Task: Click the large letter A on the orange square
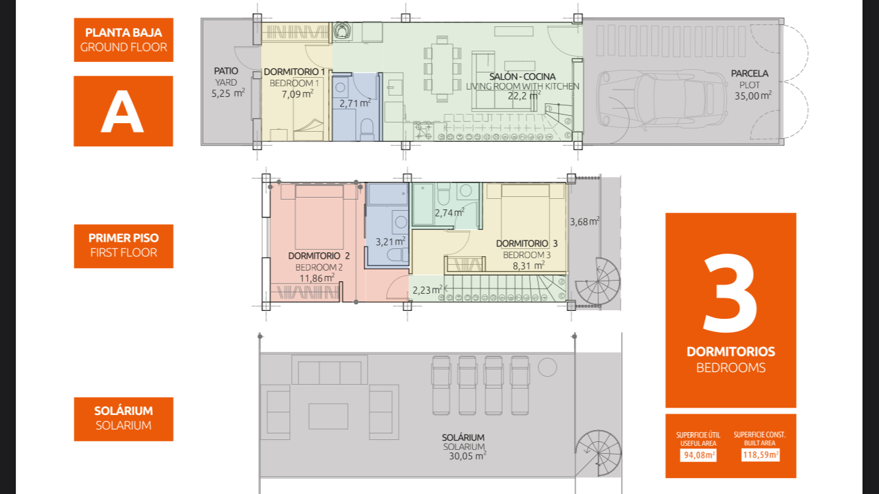[x=123, y=111]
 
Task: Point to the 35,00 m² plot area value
[x=753, y=96]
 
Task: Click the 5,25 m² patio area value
[x=228, y=94]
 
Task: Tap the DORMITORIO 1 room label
[x=295, y=72]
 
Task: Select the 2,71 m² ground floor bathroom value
[x=355, y=103]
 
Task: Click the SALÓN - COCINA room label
[x=523, y=76]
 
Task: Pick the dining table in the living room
[x=442, y=69]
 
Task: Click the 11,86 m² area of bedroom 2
[x=317, y=278]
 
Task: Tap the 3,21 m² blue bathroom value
[x=391, y=242]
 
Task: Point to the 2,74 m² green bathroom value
[x=449, y=213]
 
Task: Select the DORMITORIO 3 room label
[x=526, y=244]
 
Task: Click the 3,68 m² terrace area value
[x=584, y=222]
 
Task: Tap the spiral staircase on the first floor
[x=598, y=281]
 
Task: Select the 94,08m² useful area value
[x=698, y=455]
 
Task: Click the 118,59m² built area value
[x=760, y=455]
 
